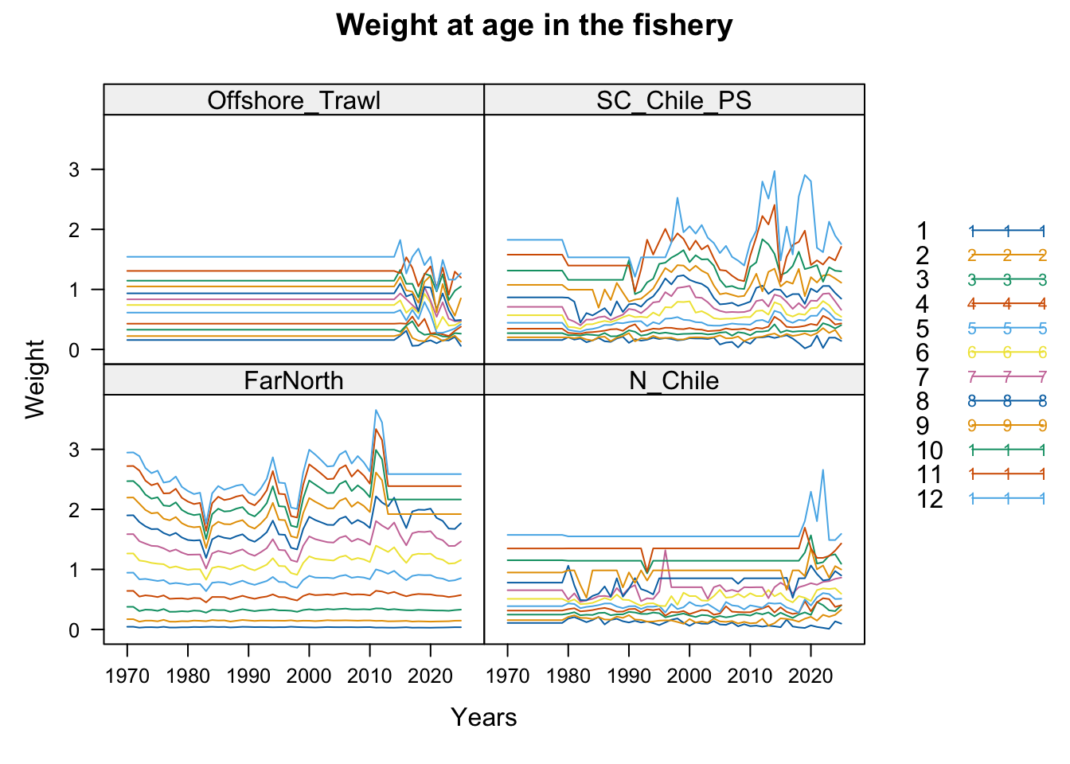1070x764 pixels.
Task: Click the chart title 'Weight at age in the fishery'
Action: pos(534,25)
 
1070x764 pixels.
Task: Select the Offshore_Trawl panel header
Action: pos(294,99)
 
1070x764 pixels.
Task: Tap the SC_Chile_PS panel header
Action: pos(674,99)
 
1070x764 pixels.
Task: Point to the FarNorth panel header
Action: pos(294,380)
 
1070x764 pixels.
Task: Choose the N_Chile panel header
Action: pos(674,380)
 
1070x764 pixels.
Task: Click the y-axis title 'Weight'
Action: pos(35,380)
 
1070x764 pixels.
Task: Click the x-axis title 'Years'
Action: pos(483,717)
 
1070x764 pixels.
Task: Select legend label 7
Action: pos(923,377)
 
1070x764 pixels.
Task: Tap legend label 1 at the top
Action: pos(923,231)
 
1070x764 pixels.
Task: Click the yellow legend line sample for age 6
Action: pos(1007,353)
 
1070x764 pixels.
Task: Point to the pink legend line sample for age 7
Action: pos(1007,377)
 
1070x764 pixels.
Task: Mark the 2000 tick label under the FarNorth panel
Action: pos(309,676)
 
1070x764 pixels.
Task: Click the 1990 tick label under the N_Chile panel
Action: pos(629,676)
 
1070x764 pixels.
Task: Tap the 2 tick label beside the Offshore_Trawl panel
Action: pos(74,230)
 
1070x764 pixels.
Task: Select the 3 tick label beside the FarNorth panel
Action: pos(74,450)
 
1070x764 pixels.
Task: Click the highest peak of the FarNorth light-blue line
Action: pos(376,410)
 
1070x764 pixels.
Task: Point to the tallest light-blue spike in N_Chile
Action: pos(822,470)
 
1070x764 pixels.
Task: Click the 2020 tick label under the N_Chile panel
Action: pos(810,676)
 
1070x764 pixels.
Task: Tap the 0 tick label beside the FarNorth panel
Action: pos(74,630)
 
